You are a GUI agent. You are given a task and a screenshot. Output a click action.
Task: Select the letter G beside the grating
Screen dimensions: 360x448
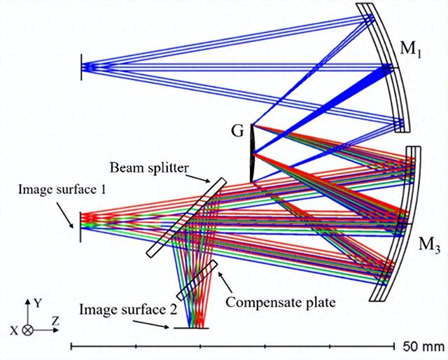click(238, 130)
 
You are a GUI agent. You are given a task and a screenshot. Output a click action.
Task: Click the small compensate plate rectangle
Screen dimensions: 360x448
click(198, 280)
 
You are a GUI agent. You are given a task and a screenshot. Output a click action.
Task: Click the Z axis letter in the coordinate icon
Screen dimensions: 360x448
click(55, 321)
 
